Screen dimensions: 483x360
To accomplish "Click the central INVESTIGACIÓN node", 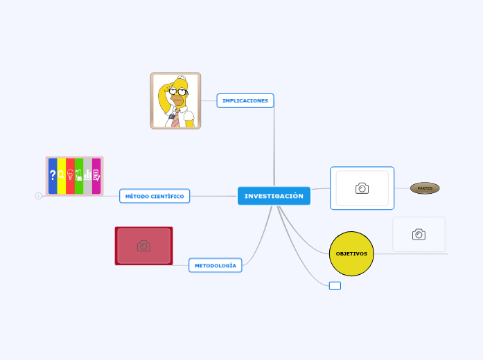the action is (274, 196).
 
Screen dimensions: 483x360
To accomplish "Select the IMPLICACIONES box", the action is (245, 100).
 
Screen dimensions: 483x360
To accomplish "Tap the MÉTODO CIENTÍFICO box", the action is (155, 196).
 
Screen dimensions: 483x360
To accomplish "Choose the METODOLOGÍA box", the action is (215, 265).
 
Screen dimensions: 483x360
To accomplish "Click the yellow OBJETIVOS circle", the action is (351, 253).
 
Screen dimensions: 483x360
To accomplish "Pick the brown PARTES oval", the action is (425, 188).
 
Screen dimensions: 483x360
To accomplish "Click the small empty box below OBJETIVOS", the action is (335, 286).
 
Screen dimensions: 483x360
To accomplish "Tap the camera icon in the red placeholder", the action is (143, 246).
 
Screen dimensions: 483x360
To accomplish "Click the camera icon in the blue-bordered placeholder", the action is (362, 188).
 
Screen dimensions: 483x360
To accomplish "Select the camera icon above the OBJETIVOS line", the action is (419, 235).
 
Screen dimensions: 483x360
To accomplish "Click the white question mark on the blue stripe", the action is (53, 176).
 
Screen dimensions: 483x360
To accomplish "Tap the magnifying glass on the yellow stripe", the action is (61, 176).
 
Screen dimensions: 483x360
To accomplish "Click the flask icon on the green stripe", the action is (79, 176).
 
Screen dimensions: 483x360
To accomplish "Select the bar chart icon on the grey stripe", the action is (87, 176).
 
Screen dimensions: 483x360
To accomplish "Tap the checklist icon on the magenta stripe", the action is (96, 176).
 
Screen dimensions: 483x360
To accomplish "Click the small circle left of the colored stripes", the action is (38, 196).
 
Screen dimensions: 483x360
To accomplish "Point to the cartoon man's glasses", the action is (178, 91).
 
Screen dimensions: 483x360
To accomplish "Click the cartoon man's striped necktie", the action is (176, 117).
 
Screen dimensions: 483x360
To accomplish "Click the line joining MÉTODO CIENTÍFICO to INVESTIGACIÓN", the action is (213, 196).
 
